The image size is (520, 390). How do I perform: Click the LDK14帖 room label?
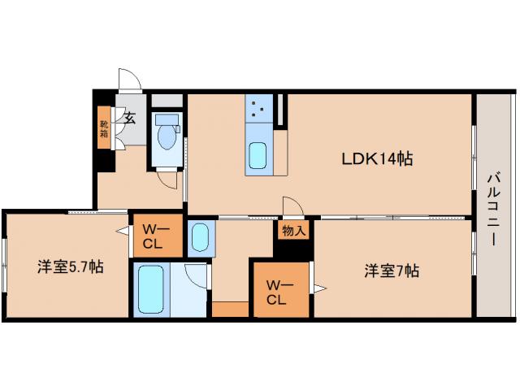(376, 159)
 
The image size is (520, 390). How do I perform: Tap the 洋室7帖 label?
(391, 271)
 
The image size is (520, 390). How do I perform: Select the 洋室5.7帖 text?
(68, 266)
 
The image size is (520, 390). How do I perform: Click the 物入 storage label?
(294, 231)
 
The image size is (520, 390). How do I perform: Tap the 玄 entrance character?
(129, 116)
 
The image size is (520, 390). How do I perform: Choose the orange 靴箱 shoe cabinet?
(104, 128)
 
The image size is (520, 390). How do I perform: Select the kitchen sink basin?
(258, 154)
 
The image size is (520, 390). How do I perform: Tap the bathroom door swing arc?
(197, 275)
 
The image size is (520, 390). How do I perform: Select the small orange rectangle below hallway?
(230, 310)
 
